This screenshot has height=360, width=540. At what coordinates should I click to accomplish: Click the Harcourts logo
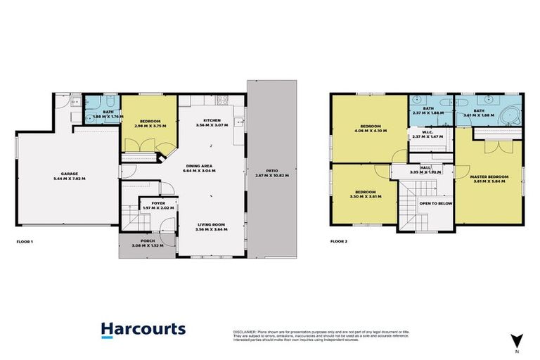(143, 329)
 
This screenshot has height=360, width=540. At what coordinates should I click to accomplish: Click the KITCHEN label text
(212, 120)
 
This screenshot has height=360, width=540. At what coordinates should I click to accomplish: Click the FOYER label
(148, 202)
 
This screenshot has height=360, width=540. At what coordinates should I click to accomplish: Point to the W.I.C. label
(427, 132)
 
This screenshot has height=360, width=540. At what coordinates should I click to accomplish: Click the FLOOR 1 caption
(25, 241)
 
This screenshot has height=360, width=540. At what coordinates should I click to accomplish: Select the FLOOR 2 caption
(339, 241)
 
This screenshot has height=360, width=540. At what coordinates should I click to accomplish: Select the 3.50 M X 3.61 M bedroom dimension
(365, 196)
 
